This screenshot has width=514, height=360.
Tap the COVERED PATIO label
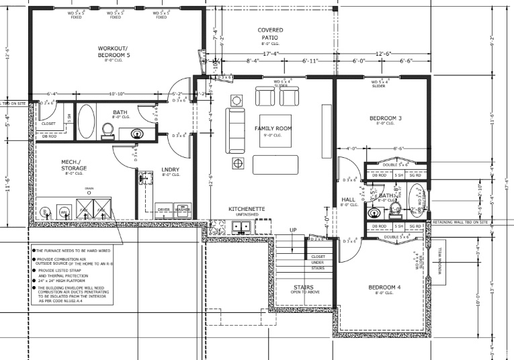pyautogui.click(x=270, y=34)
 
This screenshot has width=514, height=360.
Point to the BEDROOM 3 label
pyautogui.click(x=385, y=119)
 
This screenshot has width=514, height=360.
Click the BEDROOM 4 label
pyautogui.click(x=384, y=288)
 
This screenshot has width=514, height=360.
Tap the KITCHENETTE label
pyautogui.click(x=247, y=210)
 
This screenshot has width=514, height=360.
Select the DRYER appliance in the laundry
pyautogui.click(x=164, y=210)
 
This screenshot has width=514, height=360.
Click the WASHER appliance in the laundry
pyautogui.click(x=182, y=210)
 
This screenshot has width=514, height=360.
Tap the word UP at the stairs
pyautogui.click(x=292, y=230)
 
